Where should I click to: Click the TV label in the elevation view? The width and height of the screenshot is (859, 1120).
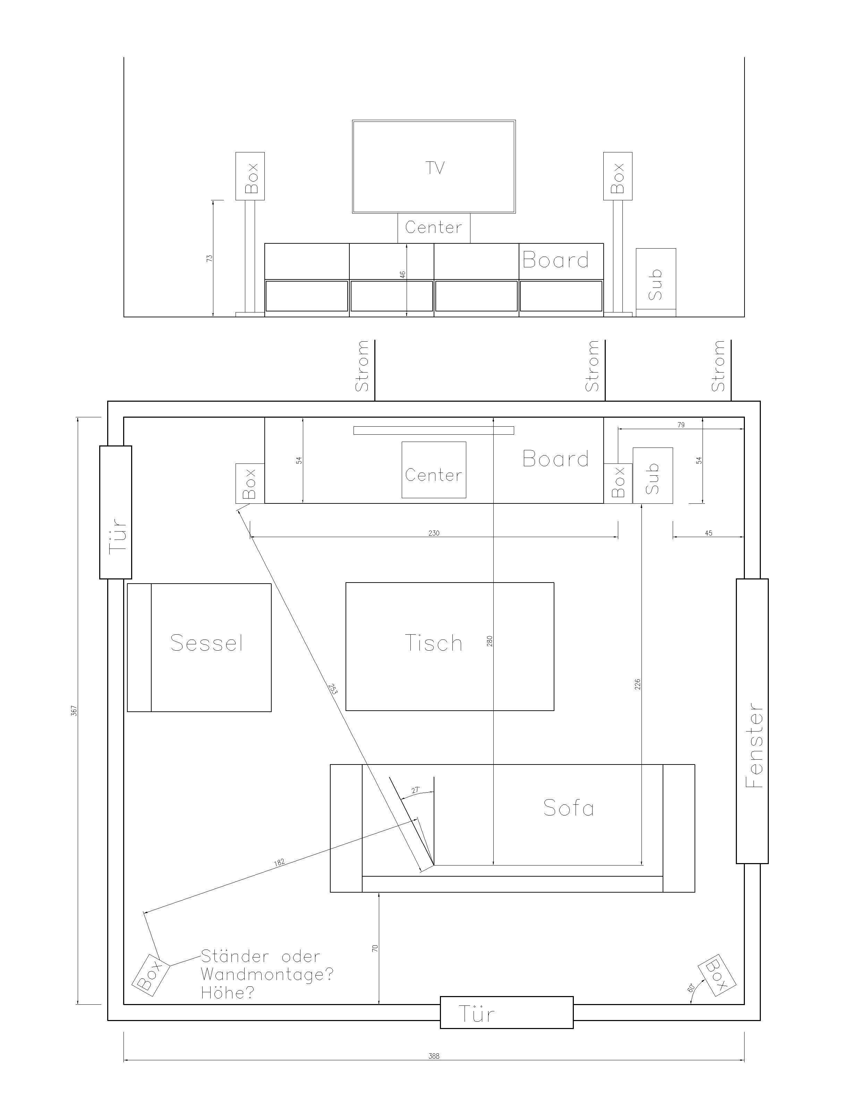coord(435,168)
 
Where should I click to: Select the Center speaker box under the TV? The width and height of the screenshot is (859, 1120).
coord(434,228)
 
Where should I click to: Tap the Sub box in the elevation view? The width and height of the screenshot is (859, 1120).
coord(656,283)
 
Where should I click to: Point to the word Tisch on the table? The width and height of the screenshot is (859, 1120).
coord(434,643)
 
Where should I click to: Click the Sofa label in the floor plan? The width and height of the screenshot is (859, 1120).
coord(569,808)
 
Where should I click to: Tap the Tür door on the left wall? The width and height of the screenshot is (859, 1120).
coord(116,512)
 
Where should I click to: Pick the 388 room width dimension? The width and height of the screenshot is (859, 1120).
coord(434,1056)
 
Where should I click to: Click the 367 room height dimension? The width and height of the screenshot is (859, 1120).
coord(74,710)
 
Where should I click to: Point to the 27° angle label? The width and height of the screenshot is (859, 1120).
coord(416,790)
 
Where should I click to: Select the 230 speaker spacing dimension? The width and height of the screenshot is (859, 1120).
coord(434,533)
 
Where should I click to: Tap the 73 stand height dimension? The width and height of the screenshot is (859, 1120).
coord(209,258)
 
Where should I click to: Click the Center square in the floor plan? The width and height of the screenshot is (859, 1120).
coord(434,470)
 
